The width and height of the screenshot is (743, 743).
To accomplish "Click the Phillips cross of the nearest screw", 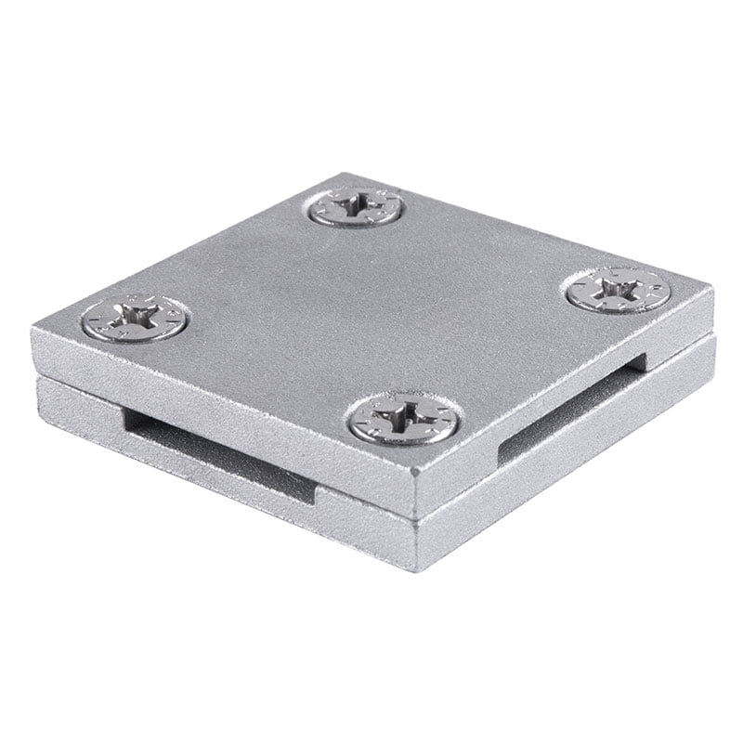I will [404, 418].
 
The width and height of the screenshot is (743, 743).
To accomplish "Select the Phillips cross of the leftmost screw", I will [136, 319].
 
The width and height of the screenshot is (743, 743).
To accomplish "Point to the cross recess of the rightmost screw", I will [619, 288].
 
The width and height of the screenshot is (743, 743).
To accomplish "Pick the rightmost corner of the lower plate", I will [715, 342].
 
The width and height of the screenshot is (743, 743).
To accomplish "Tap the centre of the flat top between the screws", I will [371, 306].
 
